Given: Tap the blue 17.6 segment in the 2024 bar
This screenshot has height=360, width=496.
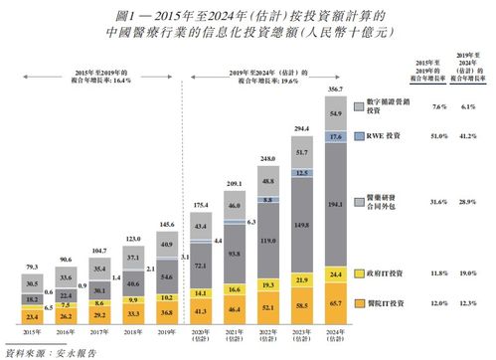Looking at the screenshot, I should (x=334, y=136).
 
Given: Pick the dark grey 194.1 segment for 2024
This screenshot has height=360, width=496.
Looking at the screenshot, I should (x=334, y=202).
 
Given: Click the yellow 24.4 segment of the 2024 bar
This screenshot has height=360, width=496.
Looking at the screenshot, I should (x=334, y=272).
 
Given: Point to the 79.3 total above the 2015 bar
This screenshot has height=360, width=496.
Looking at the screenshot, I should (x=33, y=267).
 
